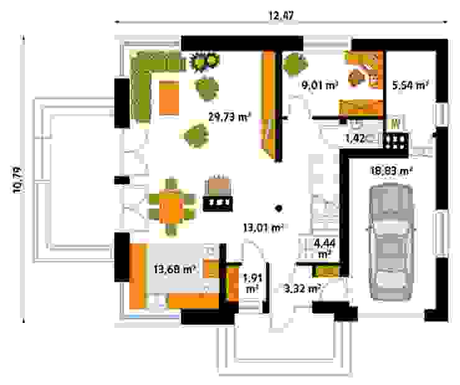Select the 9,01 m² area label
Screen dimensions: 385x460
319,86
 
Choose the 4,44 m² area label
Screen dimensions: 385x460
324,248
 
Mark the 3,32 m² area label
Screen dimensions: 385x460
301,288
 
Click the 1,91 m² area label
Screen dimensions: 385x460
251,284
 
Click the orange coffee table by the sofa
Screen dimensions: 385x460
168,97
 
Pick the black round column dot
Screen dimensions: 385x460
280,209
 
